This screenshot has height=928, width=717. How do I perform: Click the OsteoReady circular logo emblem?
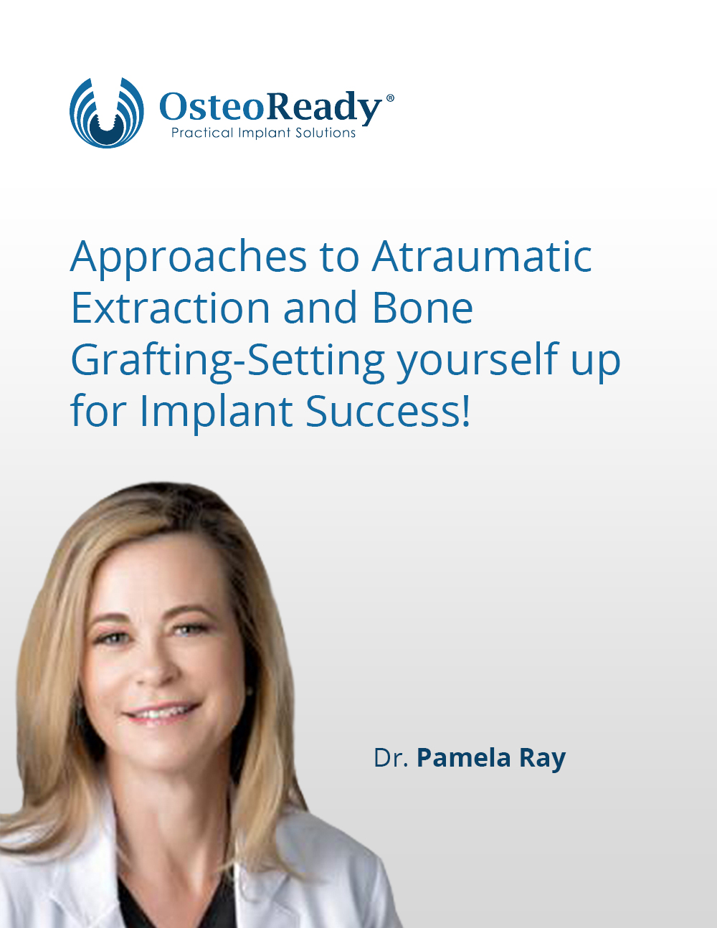(106, 113)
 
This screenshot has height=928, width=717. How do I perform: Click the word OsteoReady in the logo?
(270, 107)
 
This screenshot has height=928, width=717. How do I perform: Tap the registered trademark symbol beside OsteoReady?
(389, 98)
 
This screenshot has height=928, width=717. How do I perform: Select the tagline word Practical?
(202, 133)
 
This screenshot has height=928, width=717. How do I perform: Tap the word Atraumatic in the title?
(482, 256)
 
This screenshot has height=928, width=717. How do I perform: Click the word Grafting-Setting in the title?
(227, 361)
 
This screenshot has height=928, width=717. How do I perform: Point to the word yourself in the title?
(478, 361)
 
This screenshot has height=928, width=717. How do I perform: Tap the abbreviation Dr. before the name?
(391, 758)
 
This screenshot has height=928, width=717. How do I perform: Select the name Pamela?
(464, 758)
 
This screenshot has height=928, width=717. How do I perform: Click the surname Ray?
(543, 760)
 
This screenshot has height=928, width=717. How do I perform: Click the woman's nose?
(156, 671)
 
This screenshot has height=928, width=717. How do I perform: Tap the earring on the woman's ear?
(250, 691)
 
